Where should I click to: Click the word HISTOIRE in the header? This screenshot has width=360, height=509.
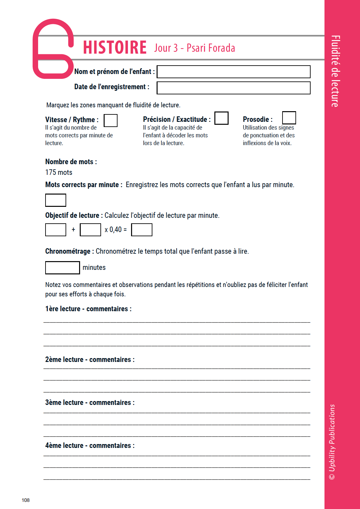pyautogui.click(x=115, y=48)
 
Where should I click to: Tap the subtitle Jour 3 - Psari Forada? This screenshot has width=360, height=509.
pyautogui.click(x=194, y=48)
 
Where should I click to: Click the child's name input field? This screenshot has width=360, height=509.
pyautogui.click(x=233, y=72)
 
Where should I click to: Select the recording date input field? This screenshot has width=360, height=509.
pyautogui.click(x=233, y=88)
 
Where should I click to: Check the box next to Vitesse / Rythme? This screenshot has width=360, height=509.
pyautogui.click(x=110, y=121)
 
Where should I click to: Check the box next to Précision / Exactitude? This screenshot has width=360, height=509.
pyautogui.click(x=221, y=118)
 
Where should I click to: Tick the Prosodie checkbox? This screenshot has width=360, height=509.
pyautogui.click(x=289, y=118)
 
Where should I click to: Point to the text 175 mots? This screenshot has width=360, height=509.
pyautogui.click(x=59, y=173)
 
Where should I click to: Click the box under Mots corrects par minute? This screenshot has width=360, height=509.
pyautogui.click(x=56, y=200)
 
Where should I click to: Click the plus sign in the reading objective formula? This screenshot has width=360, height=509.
pyautogui.click(x=73, y=229)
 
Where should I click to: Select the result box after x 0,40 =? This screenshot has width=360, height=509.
pyautogui.click(x=142, y=230)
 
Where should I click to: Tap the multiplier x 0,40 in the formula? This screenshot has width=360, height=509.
pyautogui.click(x=113, y=230)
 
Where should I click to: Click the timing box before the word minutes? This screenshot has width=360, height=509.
pyautogui.click(x=62, y=268)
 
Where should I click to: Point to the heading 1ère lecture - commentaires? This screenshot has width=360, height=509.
pyautogui.click(x=88, y=309)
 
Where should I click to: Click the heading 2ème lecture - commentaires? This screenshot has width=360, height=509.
pyautogui.click(x=90, y=360)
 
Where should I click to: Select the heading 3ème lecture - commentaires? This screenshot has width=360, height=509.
pyautogui.click(x=90, y=403)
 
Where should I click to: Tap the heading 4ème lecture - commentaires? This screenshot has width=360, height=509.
pyautogui.click(x=90, y=446)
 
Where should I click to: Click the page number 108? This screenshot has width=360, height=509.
pyautogui.click(x=26, y=500)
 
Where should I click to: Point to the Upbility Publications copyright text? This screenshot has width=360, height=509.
pyautogui.click(x=332, y=442)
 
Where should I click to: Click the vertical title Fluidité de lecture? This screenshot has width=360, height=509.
pyautogui.click(x=335, y=71)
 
